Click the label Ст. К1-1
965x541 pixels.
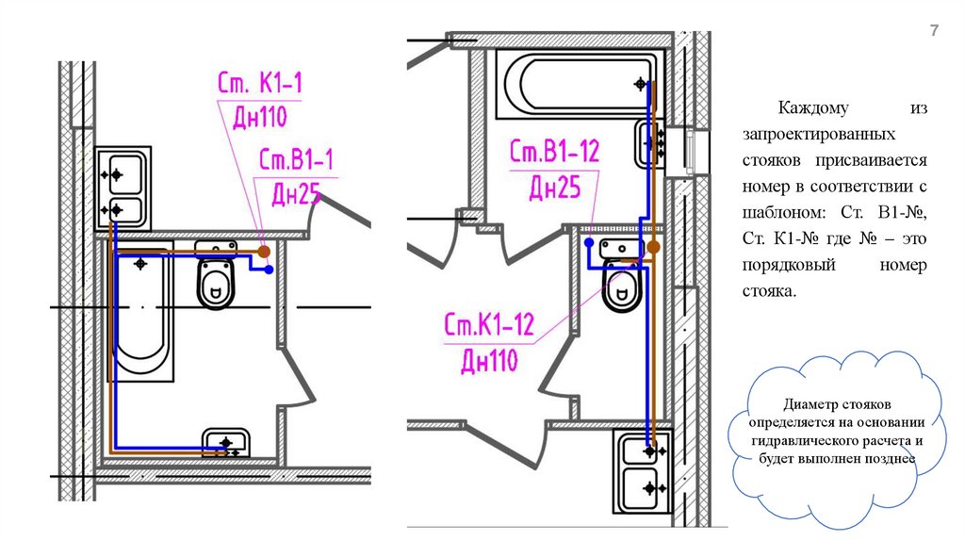tap(260, 83)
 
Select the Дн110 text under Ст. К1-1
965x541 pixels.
tap(260, 116)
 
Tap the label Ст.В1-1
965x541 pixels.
tap(296, 159)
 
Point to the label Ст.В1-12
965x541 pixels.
tap(554, 151)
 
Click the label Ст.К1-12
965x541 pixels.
tap(489, 323)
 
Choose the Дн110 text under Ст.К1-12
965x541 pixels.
tap(489, 360)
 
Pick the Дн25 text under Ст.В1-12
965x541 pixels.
tap(554, 188)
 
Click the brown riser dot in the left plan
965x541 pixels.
tap(264, 251)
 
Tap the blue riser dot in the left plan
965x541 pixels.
tap(269, 270)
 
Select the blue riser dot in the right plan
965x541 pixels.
tap(589, 242)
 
